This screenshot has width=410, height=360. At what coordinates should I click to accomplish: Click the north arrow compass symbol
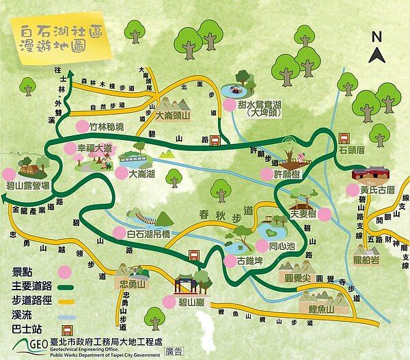coord(375,48)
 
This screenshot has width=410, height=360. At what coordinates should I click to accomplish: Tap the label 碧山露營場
coord(27,185)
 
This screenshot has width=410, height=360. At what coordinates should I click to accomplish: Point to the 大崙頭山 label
coord(177,117)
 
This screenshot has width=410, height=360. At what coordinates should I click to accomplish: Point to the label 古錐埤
coord(253,261)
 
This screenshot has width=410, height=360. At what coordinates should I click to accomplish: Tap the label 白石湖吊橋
coord(154,234)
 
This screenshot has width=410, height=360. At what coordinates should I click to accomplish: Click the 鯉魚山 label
coord(320,309)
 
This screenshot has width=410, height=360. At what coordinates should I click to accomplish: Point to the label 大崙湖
coord(142,174)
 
